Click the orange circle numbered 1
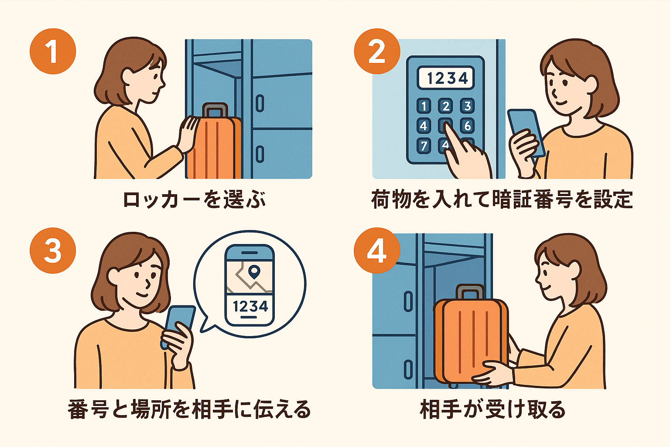click(x=53, y=51)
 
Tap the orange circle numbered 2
click(x=377, y=51)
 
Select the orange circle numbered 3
click(x=53, y=250)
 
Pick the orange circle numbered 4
click(x=377, y=250)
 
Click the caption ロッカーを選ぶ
click(x=195, y=199)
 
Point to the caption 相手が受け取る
click(x=492, y=409)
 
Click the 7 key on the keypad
click(x=424, y=146)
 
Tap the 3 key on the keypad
click(x=468, y=106)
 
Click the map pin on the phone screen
click(x=254, y=272)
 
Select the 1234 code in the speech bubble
click(x=250, y=306)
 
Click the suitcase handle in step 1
click(x=215, y=110)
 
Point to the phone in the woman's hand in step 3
click(x=178, y=326)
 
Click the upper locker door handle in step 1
click(x=260, y=103)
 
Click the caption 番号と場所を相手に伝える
click(x=189, y=409)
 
